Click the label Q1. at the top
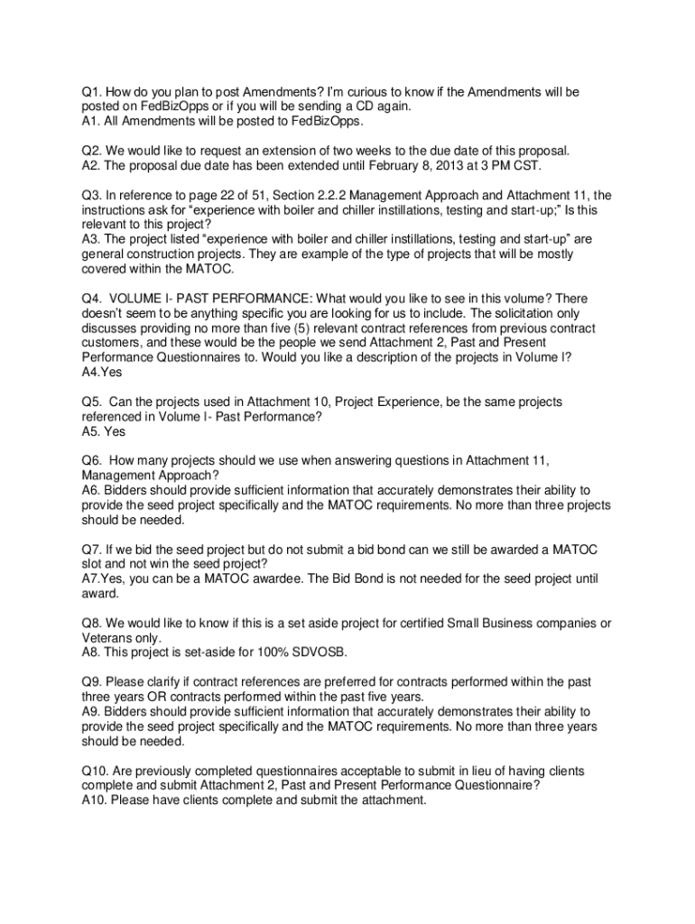click(91, 92)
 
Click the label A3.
click(91, 239)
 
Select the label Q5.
click(91, 401)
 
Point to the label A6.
click(91, 489)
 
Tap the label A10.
click(95, 799)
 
